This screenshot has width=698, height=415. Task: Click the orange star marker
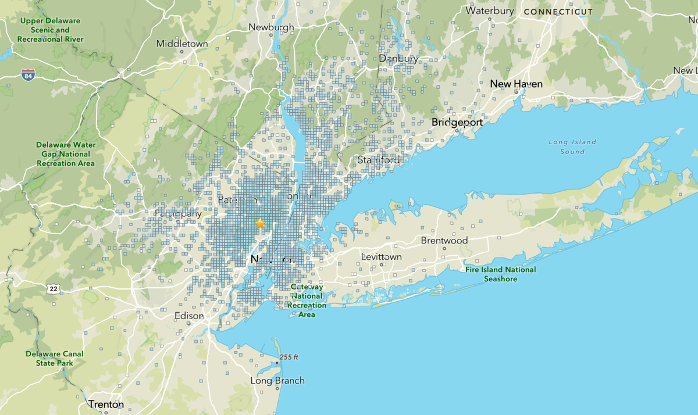260,224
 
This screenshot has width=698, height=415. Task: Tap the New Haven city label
516,84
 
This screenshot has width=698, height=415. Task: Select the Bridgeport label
457,123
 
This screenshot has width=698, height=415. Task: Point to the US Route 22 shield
54,289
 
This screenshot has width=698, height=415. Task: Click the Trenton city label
106,404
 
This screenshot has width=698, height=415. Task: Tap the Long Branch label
277,381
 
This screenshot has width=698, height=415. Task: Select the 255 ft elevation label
288,357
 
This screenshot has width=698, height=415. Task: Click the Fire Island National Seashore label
500,274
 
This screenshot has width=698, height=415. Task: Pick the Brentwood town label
444,241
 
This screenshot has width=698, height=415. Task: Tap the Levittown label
381,256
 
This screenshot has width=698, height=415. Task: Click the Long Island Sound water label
572,146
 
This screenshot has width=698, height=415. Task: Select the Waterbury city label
489,10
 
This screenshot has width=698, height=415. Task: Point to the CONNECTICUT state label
558,12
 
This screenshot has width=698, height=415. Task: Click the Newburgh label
271,27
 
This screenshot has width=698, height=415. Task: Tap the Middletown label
182,44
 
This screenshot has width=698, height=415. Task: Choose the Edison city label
189,316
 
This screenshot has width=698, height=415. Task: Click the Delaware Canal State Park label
55,358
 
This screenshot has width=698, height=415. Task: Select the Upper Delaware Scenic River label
50,30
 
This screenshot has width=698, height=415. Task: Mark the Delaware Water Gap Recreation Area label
65,154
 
